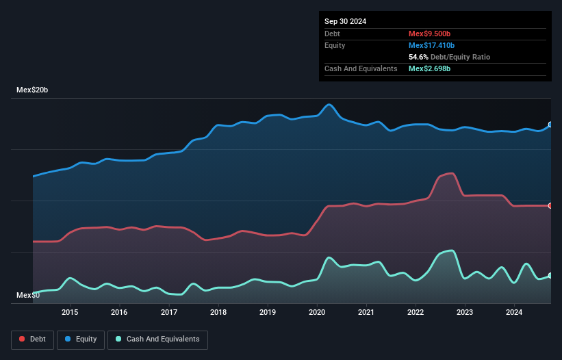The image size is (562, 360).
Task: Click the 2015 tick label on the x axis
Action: point(70,312)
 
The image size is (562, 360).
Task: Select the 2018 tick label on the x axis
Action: point(218,312)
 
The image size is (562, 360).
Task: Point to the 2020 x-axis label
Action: point(317,312)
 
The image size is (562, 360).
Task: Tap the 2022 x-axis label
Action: point(416,312)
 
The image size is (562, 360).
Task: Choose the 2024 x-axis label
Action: point(514,312)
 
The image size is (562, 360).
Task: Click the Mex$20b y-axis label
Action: point(33,90)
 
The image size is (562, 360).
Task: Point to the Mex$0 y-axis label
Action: point(28,295)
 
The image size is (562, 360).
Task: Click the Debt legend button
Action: point(31,339)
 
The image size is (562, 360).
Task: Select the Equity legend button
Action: point(81,339)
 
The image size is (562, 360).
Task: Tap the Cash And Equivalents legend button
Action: point(157,339)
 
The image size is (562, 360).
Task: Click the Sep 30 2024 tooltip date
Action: point(345,21)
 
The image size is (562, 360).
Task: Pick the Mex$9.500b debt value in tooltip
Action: point(430,34)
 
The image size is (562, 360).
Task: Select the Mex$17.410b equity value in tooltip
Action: point(432,45)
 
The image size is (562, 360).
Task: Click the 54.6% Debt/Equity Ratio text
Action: point(448,57)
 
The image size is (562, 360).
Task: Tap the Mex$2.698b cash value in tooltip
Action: point(430,68)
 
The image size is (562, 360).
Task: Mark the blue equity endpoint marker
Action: point(550,125)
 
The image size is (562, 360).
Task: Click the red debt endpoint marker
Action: point(550,205)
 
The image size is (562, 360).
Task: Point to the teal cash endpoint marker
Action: point(550,275)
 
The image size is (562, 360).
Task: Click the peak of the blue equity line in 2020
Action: point(329,104)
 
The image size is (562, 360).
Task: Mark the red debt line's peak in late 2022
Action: point(450,173)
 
